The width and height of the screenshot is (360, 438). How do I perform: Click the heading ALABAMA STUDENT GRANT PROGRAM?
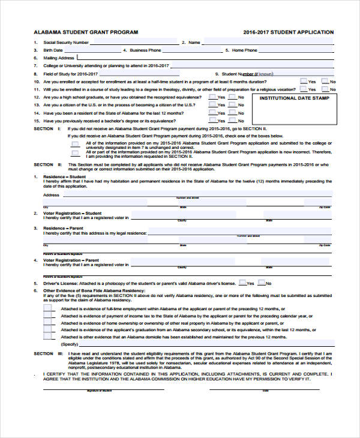pos(86,32)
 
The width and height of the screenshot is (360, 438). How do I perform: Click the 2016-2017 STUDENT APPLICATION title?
pos(289,32)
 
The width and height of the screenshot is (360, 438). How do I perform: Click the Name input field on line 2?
pos(268,43)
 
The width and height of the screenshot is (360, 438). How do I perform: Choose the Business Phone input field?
pos(192,50)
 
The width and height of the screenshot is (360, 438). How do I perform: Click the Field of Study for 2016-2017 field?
pos(150,74)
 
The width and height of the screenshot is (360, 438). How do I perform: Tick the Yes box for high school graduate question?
pos(212,97)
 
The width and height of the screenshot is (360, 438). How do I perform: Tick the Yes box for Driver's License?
pos(242,283)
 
